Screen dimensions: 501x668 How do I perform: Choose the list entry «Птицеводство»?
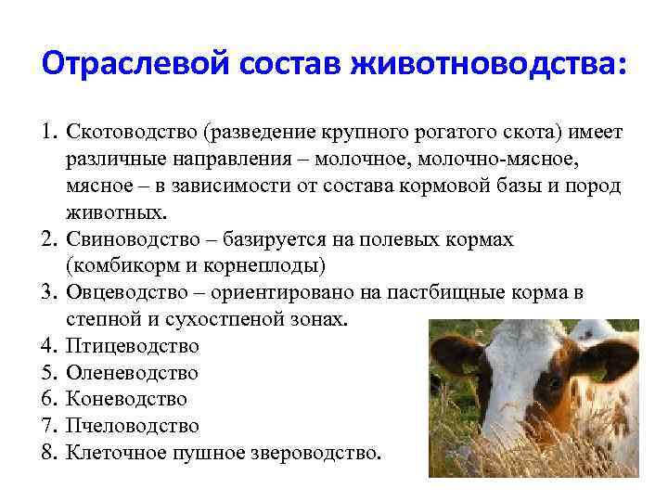tap(133, 346)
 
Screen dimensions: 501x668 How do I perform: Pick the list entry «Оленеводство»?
tap(132, 373)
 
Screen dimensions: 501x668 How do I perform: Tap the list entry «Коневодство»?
tap(126, 400)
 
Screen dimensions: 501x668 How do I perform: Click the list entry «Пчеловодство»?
tap(133, 427)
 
